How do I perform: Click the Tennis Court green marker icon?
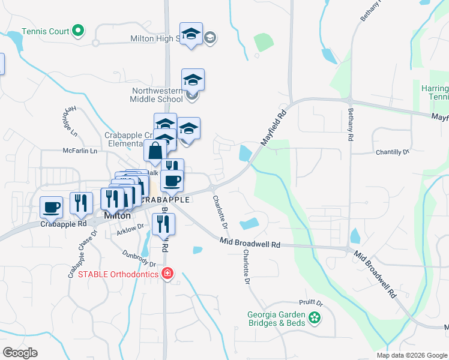coord(77,30)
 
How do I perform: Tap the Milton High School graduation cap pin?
coord(191,35)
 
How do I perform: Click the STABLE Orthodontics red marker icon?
coord(167,275)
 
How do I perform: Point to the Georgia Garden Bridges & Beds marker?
coord(314,318)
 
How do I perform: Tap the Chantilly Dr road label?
coord(392,152)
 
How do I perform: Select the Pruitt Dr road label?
coord(310,304)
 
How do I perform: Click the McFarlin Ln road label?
coord(80,151)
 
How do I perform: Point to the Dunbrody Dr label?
coord(139,259)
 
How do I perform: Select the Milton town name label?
coord(117,215)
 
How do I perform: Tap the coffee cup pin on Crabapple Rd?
coord(51,207)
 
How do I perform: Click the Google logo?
coord(20,353)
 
